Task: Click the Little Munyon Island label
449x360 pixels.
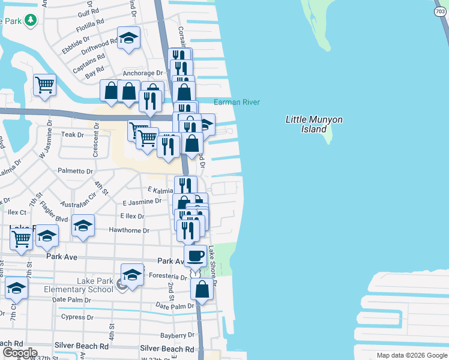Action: point(313,124)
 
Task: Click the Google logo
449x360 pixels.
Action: point(20,353)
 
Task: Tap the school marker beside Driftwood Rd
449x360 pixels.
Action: point(128,38)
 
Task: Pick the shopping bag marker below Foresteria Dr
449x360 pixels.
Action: point(202,289)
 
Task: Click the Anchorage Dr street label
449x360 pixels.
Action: point(143,73)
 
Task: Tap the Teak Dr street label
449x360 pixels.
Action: point(72,135)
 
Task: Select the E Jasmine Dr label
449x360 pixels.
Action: point(142,202)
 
